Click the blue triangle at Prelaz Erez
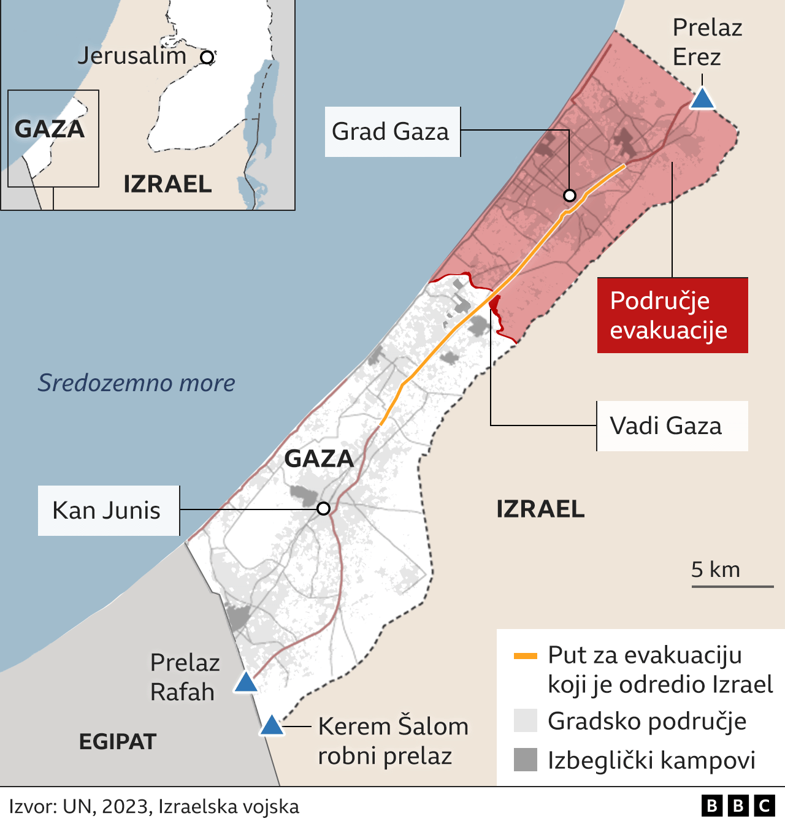[702, 99]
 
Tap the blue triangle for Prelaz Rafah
[246, 682]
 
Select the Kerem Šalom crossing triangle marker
[271, 726]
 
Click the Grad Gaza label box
[392, 132]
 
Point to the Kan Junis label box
[109, 511]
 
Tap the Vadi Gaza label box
[672, 426]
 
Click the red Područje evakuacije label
[672, 315]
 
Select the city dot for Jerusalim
[207, 58]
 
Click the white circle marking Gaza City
[570, 196]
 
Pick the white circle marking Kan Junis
[323, 508]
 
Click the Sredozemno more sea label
[137, 383]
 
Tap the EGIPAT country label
[118, 742]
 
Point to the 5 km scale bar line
[732, 587]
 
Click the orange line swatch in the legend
[525, 656]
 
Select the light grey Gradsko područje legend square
[526, 721]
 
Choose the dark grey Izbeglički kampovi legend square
[526, 760]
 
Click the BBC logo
[738, 806]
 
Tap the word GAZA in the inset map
[49, 129]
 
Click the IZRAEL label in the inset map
[167, 184]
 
